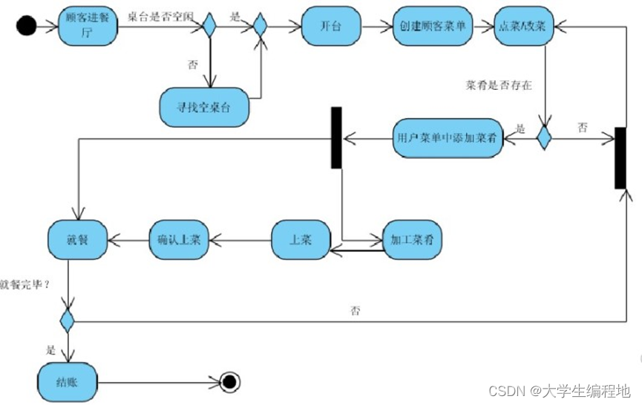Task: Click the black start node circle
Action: click(26, 27)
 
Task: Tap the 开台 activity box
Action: click(332, 28)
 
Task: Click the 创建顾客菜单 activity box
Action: click(433, 28)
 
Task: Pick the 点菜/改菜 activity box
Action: click(523, 28)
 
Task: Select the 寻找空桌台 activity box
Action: click(204, 107)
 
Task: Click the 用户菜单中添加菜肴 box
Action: click(448, 138)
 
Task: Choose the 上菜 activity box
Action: click(300, 239)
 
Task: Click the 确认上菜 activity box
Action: click(179, 239)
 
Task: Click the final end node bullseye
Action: click(230, 382)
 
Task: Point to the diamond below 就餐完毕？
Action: click(68, 321)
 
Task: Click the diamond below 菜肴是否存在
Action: click(545, 137)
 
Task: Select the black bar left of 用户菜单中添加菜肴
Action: click(336, 137)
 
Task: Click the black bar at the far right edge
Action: click(620, 158)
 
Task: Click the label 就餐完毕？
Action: click(25, 283)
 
